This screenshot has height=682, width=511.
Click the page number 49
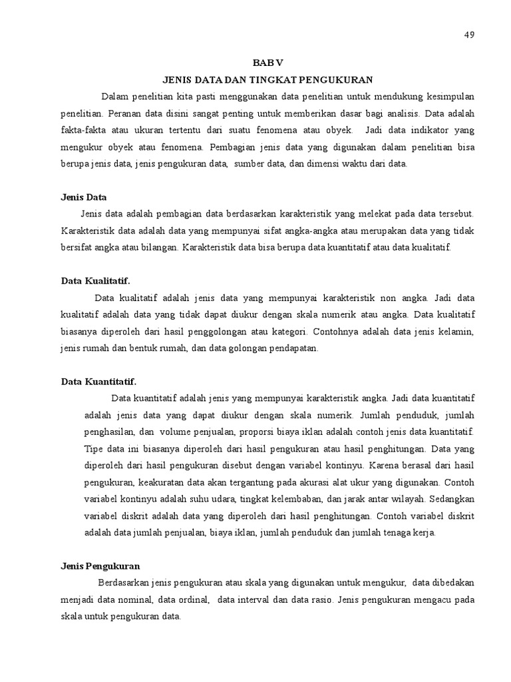click(468, 35)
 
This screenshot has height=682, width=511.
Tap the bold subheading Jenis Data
click(84, 197)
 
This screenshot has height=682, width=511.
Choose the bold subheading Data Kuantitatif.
click(98, 382)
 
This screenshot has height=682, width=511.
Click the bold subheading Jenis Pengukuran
click(100, 566)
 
